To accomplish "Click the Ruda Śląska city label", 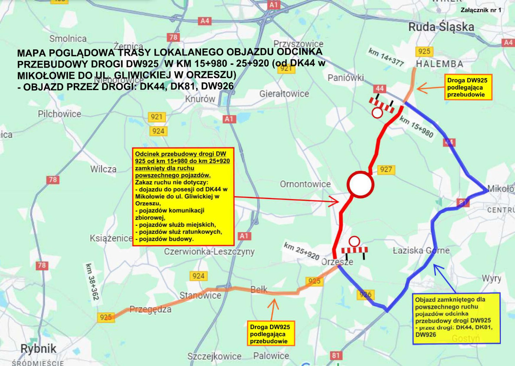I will coord(441,27).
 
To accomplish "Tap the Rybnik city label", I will coord(33,348).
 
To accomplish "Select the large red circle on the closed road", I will coord(360,185).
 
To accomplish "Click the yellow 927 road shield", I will coord(386,169).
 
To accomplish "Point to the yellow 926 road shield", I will coord(364,295).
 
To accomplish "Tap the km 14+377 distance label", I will coord(386,57).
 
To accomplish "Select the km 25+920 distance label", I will coord(301,251).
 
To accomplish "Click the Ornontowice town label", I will coord(305,184).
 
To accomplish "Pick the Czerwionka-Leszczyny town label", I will coord(209,251).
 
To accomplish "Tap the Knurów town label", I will coord(200,99).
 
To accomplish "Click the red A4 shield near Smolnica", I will coord(205,21).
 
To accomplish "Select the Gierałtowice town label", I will coord(284,94).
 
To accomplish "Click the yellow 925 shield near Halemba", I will coord(424,51).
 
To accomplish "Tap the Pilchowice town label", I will coord(59,114).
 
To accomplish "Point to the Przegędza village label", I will coord(150,309).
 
